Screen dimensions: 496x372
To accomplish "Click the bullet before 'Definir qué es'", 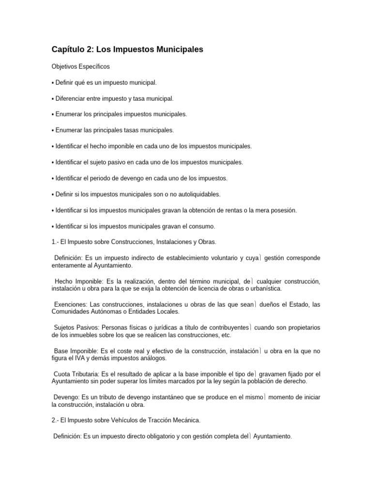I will pos(53,83).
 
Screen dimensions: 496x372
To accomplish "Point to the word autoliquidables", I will pos(197,194).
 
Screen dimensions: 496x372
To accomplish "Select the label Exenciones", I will pos(71,304).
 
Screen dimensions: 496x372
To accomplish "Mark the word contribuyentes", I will pos(225,327).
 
